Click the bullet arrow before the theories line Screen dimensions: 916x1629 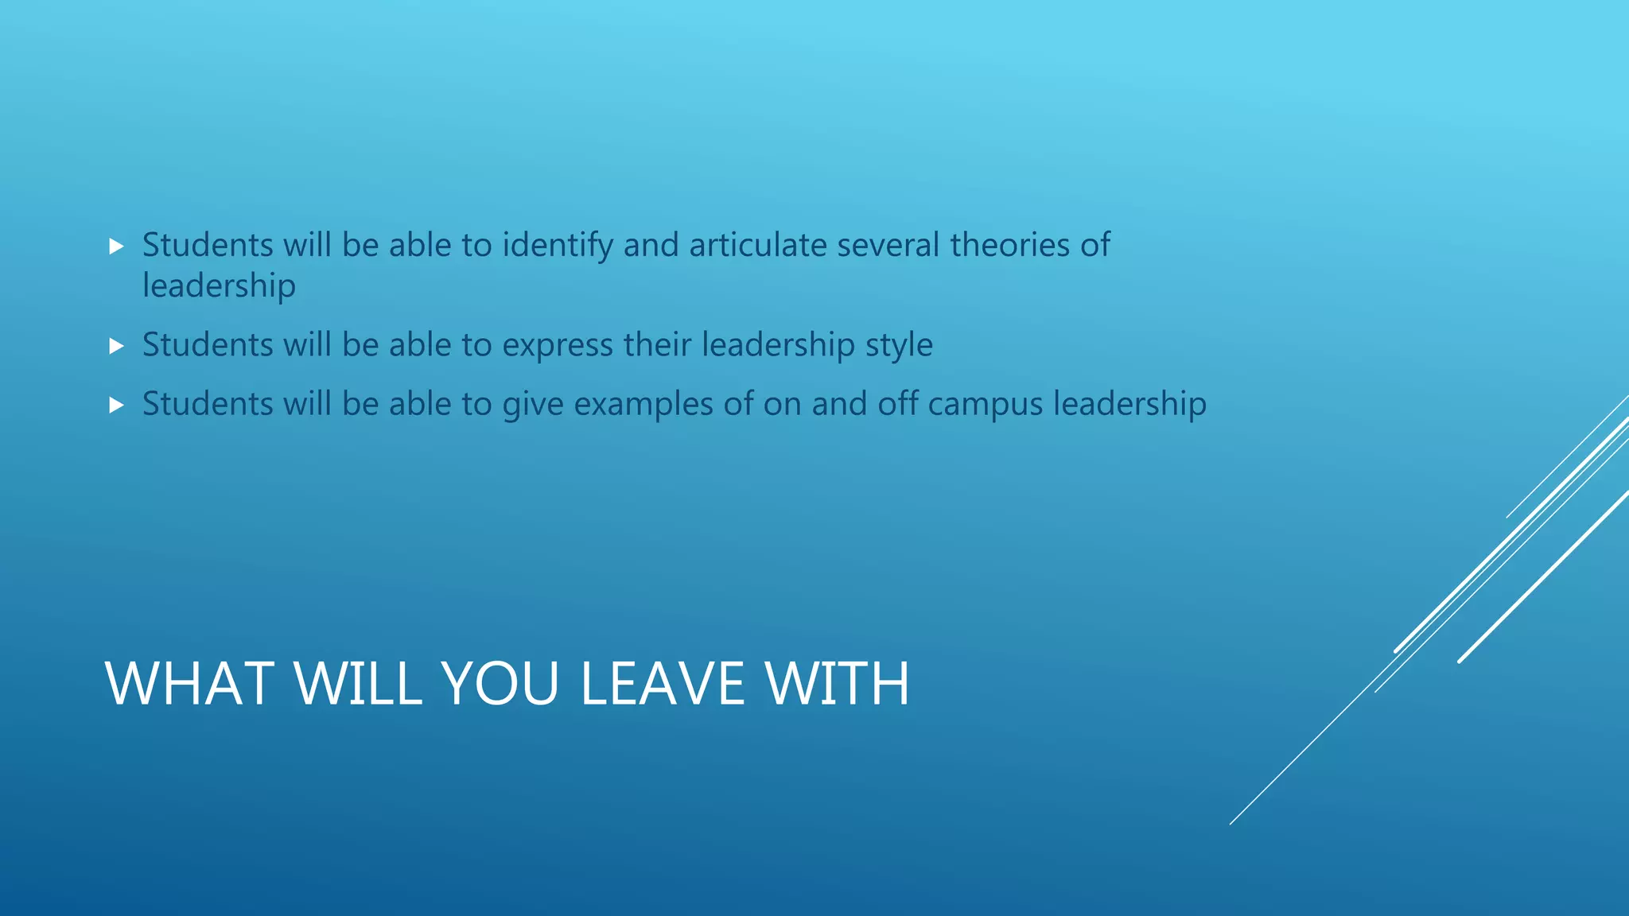point(116,246)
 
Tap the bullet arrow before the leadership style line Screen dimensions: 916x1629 point(116,346)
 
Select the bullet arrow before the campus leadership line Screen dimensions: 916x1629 point(116,406)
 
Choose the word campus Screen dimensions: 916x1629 point(985,405)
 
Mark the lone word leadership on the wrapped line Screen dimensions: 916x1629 point(219,286)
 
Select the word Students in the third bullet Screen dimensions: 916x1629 point(208,404)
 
